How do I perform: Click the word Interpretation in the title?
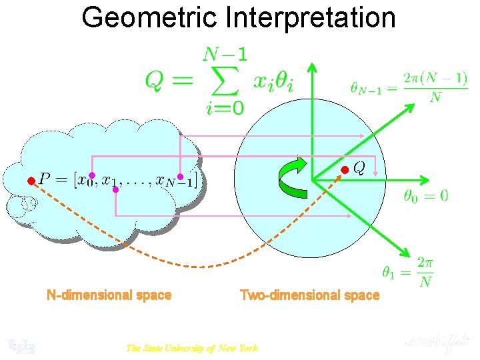(x=311, y=18)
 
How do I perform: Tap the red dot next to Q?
(x=345, y=171)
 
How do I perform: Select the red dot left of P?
(x=30, y=181)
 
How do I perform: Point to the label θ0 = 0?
(x=426, y=196)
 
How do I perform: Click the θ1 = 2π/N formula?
(x=407, y=271)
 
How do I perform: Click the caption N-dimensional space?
(x=109, y=295)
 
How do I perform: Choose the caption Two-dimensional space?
(x=309, y=295)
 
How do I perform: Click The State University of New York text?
(x=191, y=347)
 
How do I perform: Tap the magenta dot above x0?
(x=92, y=175)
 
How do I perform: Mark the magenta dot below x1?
(x=115, y=190)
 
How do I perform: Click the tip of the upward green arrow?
(x=312, y=65)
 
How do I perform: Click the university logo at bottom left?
(x=20, y=345)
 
